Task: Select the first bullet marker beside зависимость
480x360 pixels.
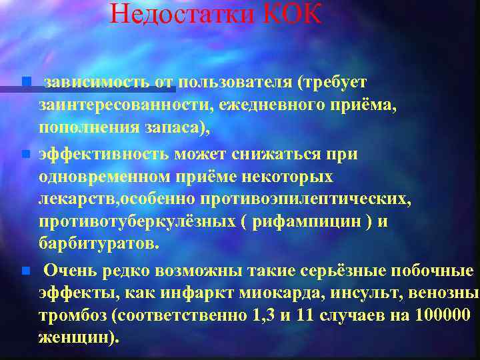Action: tap(25, 82)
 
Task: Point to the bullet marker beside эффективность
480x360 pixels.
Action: tap(25, 154)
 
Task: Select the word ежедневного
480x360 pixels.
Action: tap(261, 105)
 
